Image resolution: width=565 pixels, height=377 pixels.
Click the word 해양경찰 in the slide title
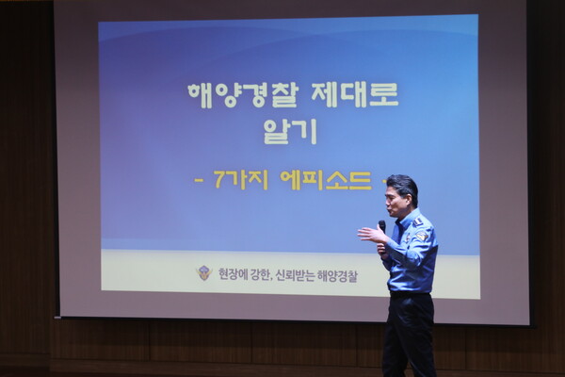pyautogui.click(x=242, y=95)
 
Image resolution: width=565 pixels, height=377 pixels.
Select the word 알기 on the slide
pyautogui.click(x=290, y=132)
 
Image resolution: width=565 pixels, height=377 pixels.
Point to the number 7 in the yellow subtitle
pyautogui.click(x=219, y=179)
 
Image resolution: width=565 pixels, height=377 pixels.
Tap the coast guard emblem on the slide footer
pyautogui.click(x=204, y=273)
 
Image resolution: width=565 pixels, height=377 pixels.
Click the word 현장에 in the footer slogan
pyautogui.click(x=232, y=275)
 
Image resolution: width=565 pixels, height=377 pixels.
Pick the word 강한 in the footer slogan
pyautogui.click(x=259, y=275)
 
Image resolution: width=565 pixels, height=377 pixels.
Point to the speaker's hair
pyautogui.click(x=405, y=186)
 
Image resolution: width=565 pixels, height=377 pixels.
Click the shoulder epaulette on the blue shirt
pyautogui.click(x=418, y=220)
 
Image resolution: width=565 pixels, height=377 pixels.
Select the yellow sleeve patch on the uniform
pyautogui.click(x=422, y=236)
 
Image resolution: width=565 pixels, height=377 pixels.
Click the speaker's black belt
pyautogui.click(x=411, y=294)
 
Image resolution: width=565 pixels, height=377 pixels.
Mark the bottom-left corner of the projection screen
pyautogui.click(x=59, y=318)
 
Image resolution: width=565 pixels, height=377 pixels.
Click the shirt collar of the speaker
pyautogui.click(x=404, y=218)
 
